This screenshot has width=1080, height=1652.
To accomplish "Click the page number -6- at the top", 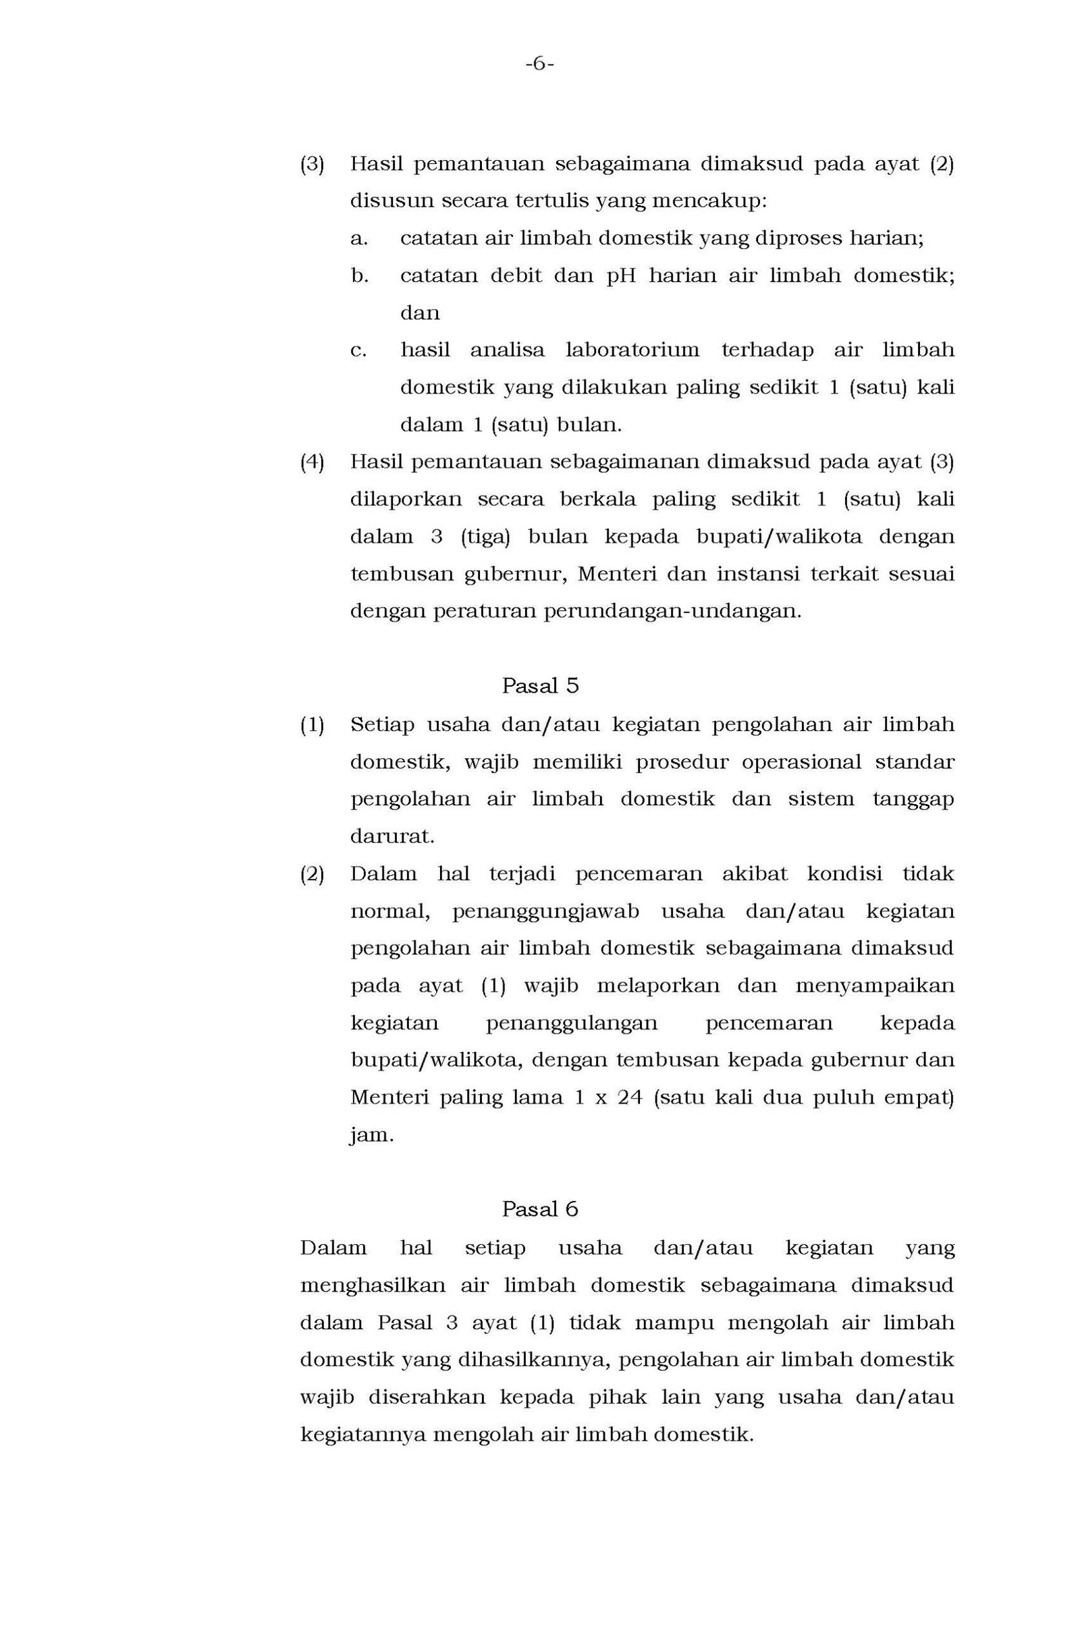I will (539, 65).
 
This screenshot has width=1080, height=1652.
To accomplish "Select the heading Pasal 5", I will (539, 686).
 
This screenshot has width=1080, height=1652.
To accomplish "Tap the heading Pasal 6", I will (539, 1209).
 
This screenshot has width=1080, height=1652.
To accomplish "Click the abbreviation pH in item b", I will (621, 275).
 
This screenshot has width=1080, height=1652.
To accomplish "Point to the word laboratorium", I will (632, 350).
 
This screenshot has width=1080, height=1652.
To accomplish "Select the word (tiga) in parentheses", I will (485, 537).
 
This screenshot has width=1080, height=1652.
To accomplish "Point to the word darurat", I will (392, 836).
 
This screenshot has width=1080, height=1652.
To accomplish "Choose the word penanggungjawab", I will (545, 911).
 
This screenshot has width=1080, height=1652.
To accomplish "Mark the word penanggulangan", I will (570, 1023).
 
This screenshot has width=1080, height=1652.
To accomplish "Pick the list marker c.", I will (358, 350).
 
